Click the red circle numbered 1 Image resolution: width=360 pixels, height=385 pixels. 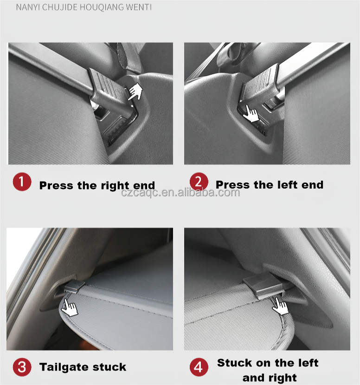[22, 182]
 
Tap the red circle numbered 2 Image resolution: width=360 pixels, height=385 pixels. [199, 182]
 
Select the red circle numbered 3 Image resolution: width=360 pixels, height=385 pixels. [22, 367]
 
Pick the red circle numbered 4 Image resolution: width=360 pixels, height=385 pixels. [199, 367]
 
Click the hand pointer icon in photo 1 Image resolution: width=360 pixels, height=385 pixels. [135, 91]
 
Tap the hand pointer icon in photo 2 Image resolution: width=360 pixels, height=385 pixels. [251, 113]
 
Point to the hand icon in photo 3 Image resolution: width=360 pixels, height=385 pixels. [70, 307]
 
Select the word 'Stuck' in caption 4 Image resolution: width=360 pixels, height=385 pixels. [234, 363]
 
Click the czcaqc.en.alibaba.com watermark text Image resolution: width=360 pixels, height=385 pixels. [180, 192]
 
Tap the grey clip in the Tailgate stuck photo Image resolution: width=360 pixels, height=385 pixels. [75, 286]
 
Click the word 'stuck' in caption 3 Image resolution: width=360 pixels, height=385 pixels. [109, 367]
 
